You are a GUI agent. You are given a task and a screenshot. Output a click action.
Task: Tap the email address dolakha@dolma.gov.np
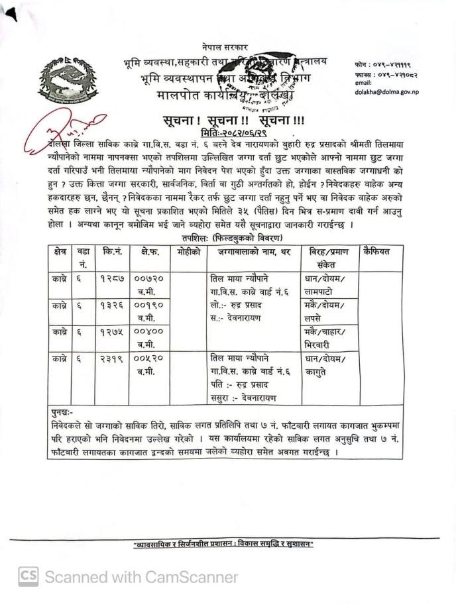[x=387, y=93]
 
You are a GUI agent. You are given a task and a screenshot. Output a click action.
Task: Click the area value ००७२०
[x=146, y=277]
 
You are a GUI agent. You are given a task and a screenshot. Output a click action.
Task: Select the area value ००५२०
[x=146, y=358]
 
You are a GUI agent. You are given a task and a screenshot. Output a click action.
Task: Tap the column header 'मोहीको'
[x=188, y=252]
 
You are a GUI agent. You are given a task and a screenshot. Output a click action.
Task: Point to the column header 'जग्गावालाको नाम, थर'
[x=249, y=252]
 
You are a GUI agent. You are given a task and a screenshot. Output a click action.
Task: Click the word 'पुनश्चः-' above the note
[x=65, y=412]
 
